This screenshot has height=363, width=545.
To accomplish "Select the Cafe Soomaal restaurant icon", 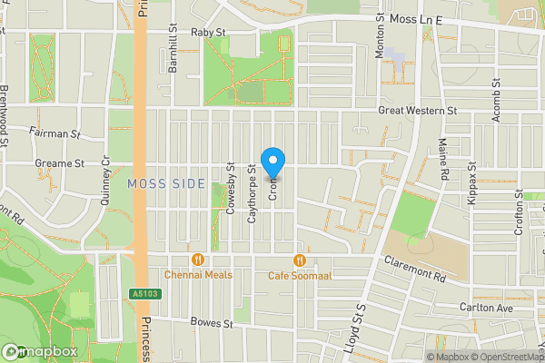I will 298,260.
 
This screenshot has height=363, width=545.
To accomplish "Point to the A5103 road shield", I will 140,293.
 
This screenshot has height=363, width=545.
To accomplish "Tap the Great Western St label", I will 417,111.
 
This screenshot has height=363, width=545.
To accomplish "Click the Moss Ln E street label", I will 415,18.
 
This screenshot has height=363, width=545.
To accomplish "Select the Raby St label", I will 208,32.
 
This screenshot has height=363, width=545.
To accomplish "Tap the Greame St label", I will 62,164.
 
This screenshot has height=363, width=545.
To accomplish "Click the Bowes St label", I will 213,322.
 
